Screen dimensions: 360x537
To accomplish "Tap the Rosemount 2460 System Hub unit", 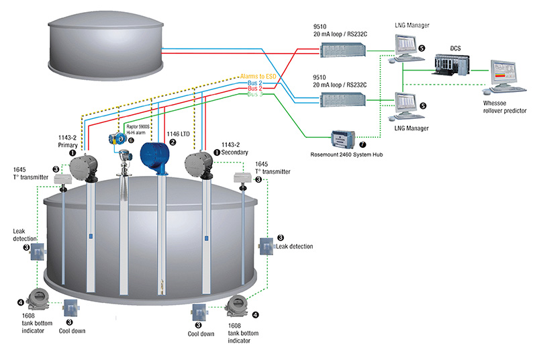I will [346, 139].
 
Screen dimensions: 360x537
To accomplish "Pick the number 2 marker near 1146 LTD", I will [173, 142].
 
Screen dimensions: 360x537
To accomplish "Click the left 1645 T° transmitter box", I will [62, 179].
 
